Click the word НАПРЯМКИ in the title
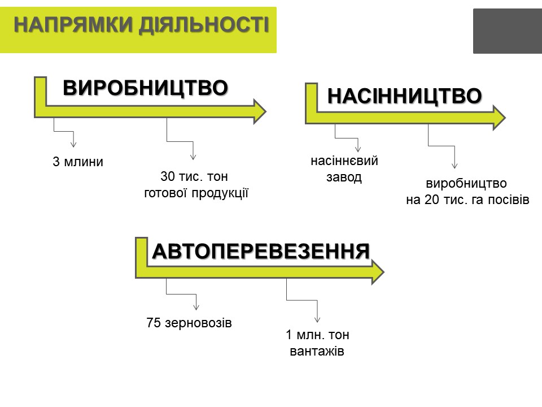[73, 25]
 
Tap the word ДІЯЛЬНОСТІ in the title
[204, 25]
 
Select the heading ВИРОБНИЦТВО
[145, 88]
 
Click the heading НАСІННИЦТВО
[404, 96]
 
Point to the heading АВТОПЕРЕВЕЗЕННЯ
[261, 251]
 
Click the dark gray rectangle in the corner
[508, 31]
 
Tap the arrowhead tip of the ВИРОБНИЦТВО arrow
[266, 111]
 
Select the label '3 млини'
[78, 162]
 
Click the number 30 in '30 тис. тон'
[168, 176]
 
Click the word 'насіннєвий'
[344, 161]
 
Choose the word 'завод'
[344, 177]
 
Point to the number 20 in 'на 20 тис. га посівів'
[431, 200]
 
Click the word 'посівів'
[509, 200]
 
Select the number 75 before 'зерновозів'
[154, 323]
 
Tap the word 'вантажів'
[317, 351]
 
